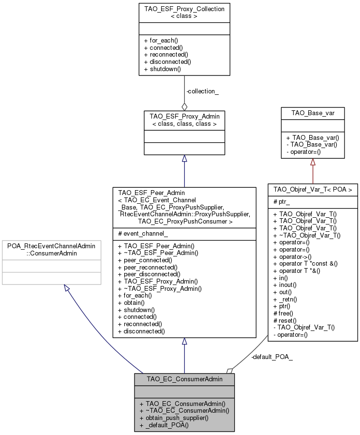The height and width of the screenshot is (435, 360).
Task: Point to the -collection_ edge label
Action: (202, 91)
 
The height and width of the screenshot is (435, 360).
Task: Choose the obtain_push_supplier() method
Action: (174, 418)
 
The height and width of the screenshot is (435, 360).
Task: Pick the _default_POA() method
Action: (164, 425)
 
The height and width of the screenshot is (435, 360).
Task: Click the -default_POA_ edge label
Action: (271, 357)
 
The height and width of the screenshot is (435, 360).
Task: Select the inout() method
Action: (287, 285)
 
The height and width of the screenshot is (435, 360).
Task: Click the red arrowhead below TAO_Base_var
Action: (313, 162)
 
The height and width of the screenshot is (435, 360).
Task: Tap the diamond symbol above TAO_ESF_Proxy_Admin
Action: (184, 106)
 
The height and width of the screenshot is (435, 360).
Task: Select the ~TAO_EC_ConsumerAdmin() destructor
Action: (184, 410)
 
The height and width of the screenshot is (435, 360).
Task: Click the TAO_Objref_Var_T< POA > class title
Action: (313, 189)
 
